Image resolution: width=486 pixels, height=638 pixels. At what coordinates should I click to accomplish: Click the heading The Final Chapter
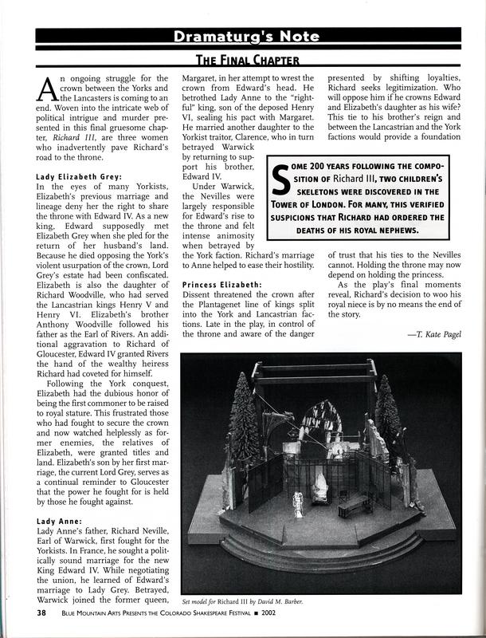point(242,60)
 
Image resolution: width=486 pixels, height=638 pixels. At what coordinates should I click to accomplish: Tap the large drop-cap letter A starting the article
point(47,89)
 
